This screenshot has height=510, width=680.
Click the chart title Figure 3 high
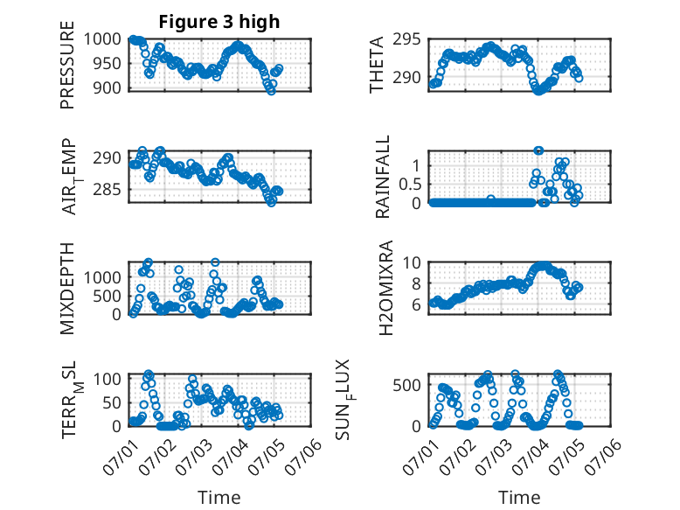(219, 22)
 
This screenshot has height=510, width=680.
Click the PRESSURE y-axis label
(67, 65)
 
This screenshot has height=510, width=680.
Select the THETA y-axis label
(377, 65)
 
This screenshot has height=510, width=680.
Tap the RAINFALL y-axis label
(383, 177)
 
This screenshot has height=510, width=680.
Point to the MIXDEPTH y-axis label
(67, 289)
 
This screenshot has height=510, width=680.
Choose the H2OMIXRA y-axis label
(385, 288)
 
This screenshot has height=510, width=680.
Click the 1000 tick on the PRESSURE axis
(102, 39)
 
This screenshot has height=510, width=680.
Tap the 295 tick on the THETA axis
(406, 39)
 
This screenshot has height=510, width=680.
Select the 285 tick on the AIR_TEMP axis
(107, 190)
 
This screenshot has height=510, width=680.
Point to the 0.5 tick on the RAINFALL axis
(410, 184)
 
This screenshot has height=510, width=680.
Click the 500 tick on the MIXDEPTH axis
(107, 296)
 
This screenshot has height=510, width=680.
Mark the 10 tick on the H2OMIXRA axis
(412, 262)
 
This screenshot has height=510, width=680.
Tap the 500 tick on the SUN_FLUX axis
(406, 385)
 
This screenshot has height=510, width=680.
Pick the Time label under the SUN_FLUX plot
(519, 498)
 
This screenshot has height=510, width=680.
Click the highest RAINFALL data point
(538, 150)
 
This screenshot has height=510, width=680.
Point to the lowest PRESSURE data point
(271, 91)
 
